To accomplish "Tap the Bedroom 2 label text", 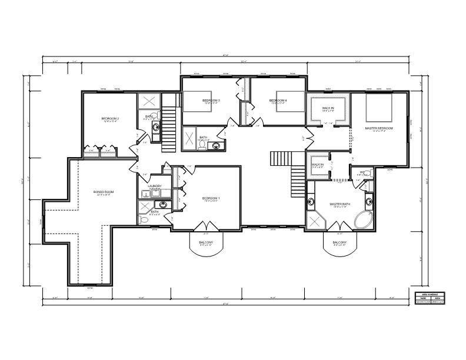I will pyautogui.click(x=111, y=119).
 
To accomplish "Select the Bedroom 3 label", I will pyautogui.click(x=211, y=101).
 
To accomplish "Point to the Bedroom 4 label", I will pyautogui.click(x=278, y=101).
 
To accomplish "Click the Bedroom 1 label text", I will pyautogui.click(x=211, y=198).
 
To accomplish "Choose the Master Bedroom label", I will pyautogui.click(x=378, y=128).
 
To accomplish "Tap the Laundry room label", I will pyautogui.click(x=155, y=186).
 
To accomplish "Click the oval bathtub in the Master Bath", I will pyautogui.click(x=362, y=220).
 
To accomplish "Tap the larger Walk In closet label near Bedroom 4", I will pyautogui.click(x=328, y=109).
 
